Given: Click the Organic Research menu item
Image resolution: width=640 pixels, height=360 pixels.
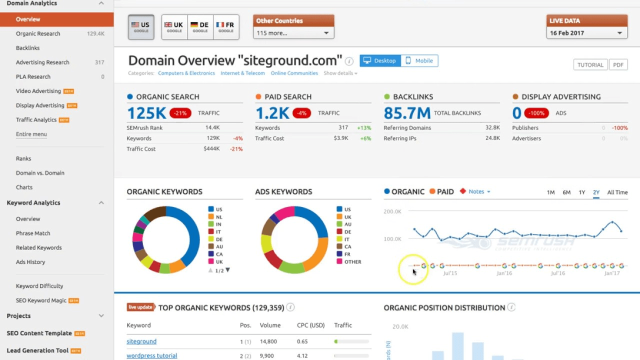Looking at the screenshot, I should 38,33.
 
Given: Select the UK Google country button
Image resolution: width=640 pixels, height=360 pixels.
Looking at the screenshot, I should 174,27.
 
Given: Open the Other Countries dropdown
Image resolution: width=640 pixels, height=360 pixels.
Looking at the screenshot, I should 293,33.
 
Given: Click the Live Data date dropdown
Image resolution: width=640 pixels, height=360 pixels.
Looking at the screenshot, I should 586,33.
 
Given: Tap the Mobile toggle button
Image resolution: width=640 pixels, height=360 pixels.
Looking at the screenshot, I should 419,61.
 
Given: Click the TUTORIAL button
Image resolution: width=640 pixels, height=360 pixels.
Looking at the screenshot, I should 590,65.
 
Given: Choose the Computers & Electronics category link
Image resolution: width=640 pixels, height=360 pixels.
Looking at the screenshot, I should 186,73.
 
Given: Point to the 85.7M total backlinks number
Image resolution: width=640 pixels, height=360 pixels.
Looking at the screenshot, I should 407,113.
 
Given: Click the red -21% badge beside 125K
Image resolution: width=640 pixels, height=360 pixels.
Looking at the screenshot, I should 180,113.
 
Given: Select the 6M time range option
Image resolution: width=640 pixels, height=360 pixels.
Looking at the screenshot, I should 566,192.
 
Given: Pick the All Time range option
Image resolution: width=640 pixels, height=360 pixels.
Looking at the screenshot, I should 617,192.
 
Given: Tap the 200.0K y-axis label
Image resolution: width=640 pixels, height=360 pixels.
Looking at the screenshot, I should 392,211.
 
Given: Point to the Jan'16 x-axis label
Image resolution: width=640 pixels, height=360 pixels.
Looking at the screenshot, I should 504,273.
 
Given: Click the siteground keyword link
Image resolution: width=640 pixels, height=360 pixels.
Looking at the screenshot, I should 141,341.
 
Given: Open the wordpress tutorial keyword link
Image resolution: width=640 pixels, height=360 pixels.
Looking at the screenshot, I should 151,356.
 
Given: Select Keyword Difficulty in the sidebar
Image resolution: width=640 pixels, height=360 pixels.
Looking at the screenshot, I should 39,286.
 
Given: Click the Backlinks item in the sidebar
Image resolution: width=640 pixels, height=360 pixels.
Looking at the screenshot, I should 27,48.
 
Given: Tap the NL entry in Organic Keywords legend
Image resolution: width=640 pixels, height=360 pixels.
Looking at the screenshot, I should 218,217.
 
